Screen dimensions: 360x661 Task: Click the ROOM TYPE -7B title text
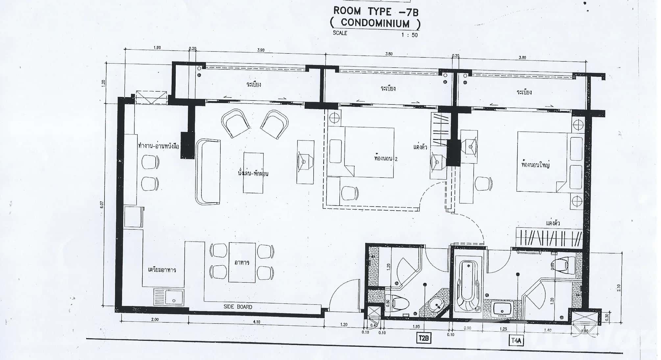coord(376,11)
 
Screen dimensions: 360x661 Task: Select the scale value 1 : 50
coord(409,35)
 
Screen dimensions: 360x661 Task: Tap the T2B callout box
coord(424,338)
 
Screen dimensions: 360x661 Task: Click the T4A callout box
coord(516,341)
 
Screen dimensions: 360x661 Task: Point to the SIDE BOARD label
coord(238,307)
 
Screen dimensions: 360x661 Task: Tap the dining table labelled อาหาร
coord(242,262)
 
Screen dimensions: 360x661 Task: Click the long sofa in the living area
coord(208,172)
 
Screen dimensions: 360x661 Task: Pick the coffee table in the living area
coord(253,172)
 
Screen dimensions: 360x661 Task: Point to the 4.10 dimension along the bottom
coord(257,322)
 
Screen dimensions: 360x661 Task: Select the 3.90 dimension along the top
coord(260,50)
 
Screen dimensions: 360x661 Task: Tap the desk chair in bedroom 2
coord(350,193)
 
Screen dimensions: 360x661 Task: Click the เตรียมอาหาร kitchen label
coord(162,270)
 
